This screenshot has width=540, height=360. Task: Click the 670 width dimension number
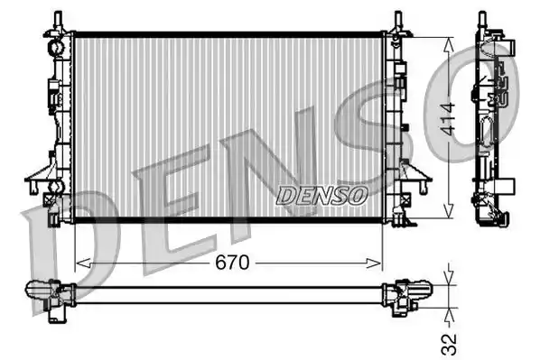[x=232, y=263]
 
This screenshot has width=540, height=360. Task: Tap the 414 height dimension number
[x=449, y=119]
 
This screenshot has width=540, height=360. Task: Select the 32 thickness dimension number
[x=449, y=344]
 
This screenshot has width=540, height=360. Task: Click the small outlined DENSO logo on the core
[x=321, y=196]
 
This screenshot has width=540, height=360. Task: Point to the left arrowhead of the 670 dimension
[x=83, y=263]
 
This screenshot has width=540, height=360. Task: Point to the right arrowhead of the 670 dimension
[x=374, y=263]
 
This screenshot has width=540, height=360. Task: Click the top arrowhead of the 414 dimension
[x=448, y=44]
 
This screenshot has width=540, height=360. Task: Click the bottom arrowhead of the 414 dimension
[x=448, y=210]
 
